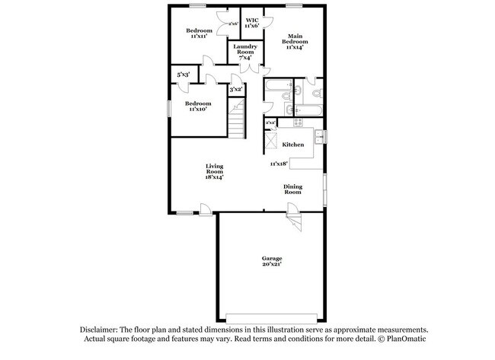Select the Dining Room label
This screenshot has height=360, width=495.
click(293, 190)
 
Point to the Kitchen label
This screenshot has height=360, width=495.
click(293, 145)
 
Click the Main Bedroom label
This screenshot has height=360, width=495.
click(295, 40)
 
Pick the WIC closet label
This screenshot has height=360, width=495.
click(251, 23)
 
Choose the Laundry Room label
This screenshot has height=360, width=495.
click(245, 52)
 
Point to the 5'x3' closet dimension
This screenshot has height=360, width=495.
click(184, 75)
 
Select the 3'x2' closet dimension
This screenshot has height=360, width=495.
click(236, 90)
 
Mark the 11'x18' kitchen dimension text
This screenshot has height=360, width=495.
click(279, 163)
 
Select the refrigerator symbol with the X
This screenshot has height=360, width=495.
click(270, 142)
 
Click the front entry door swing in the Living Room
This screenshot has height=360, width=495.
click(206, 208)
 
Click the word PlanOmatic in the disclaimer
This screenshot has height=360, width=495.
click(406, 339)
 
